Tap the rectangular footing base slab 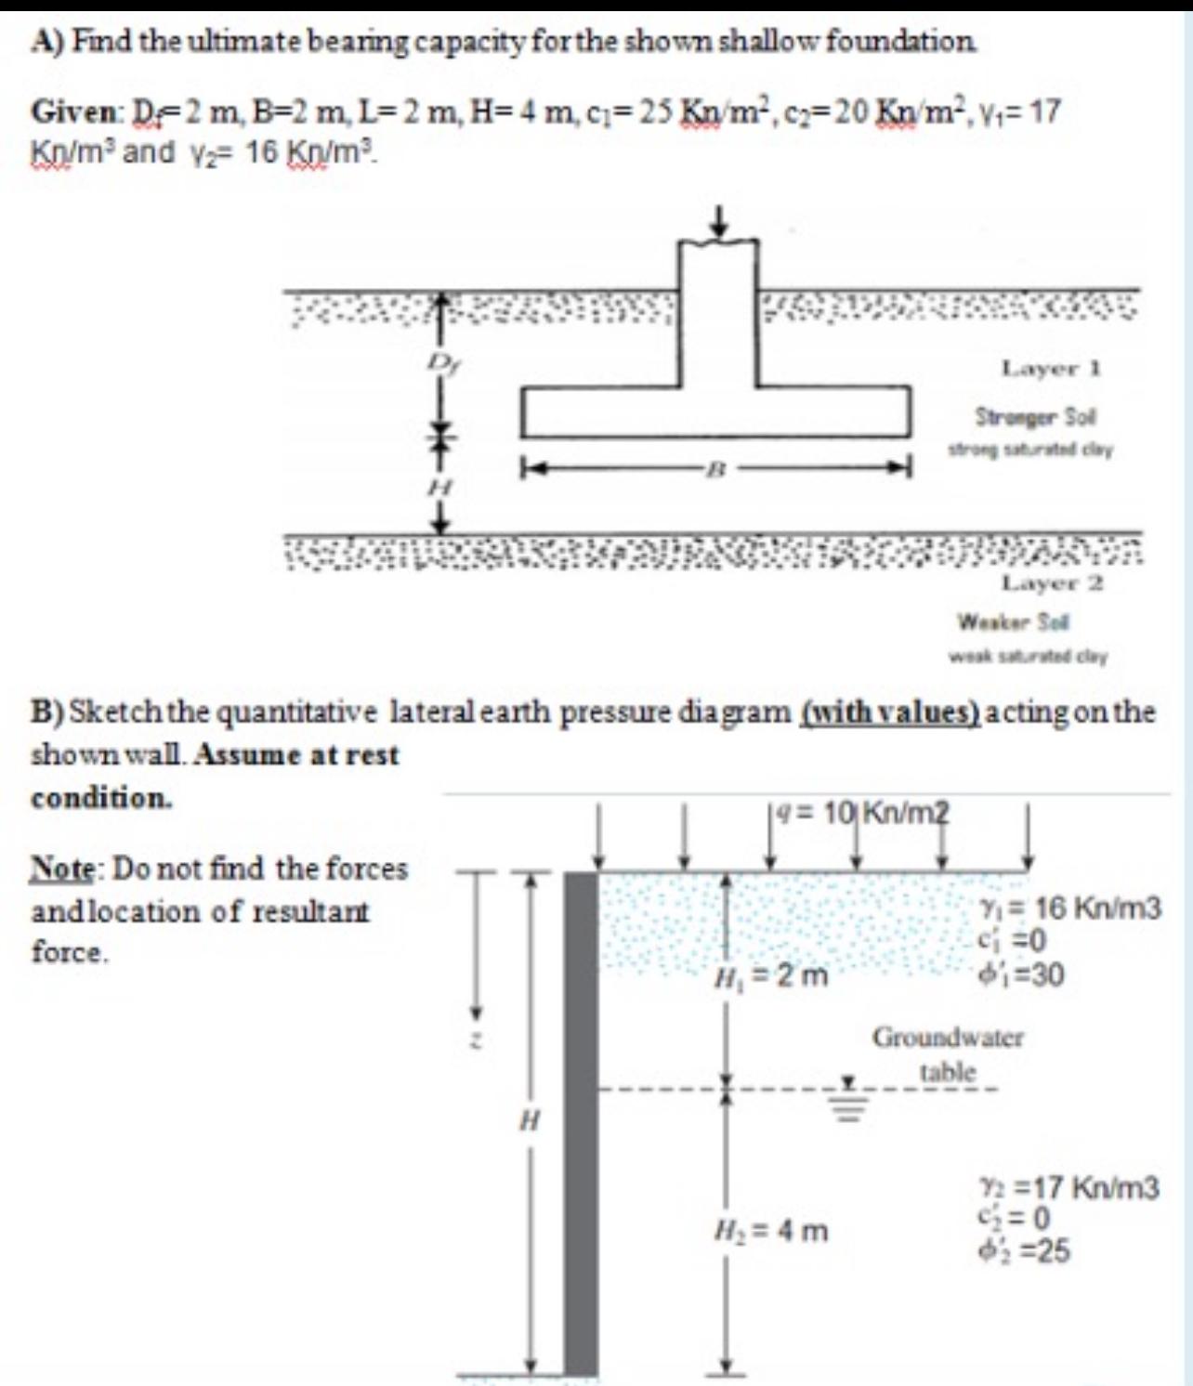click(x=714, y=412)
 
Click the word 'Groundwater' click(x=947, y=1037)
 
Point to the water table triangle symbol click(x=849, y=1083)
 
